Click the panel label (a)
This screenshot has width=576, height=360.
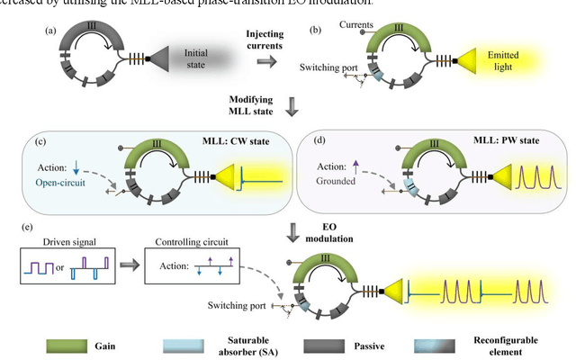click(x=51, y=31)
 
